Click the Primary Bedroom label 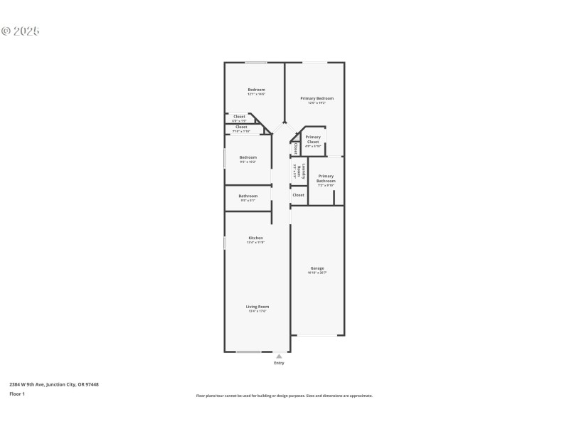(x=317, y=98)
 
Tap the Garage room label (x=317, y=268)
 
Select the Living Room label (x=257, y=307)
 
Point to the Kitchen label (x=255, y=238)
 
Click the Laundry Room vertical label (x=304, y=171)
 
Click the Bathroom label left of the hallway (x=248, y=196)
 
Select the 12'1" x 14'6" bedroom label (x=256, y=90)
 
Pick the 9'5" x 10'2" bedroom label (x=248, y=157)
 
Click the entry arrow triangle (x=279, y=356)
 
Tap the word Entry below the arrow (x=279, y=363)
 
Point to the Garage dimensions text (x=317, y=273)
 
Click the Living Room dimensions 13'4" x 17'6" (x=257, y=311)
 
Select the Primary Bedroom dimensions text (x=317, y=102)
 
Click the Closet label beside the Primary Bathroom (x=299, y=194)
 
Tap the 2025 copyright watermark (x=21, y=31)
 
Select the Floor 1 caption (x=17, y=394)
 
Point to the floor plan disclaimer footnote (x=284, y=396)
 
